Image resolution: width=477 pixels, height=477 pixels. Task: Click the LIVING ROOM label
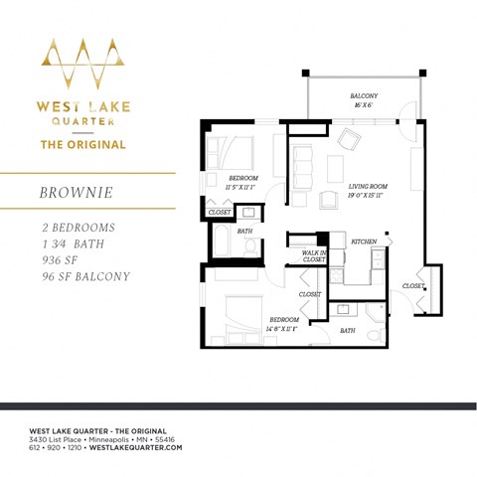367,187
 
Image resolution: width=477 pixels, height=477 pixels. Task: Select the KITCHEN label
364,241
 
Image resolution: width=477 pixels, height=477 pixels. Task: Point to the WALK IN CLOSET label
314,256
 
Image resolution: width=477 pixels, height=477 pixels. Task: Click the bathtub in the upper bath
221,241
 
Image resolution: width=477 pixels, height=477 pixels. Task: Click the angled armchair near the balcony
351,138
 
